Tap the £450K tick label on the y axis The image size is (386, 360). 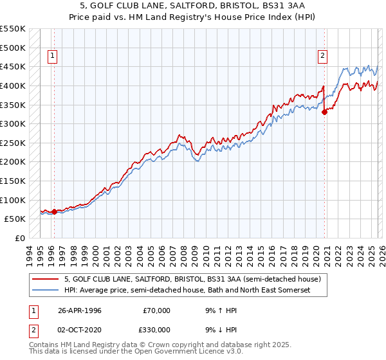pos(13,66)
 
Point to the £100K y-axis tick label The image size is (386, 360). pos(13,200)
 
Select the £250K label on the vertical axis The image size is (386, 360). pos(13,143)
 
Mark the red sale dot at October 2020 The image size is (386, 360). pos(324,112)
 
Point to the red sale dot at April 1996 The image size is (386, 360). pos(54,211)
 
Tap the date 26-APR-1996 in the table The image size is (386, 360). pos(79,310)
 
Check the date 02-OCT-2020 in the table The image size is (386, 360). pos(79,329)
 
